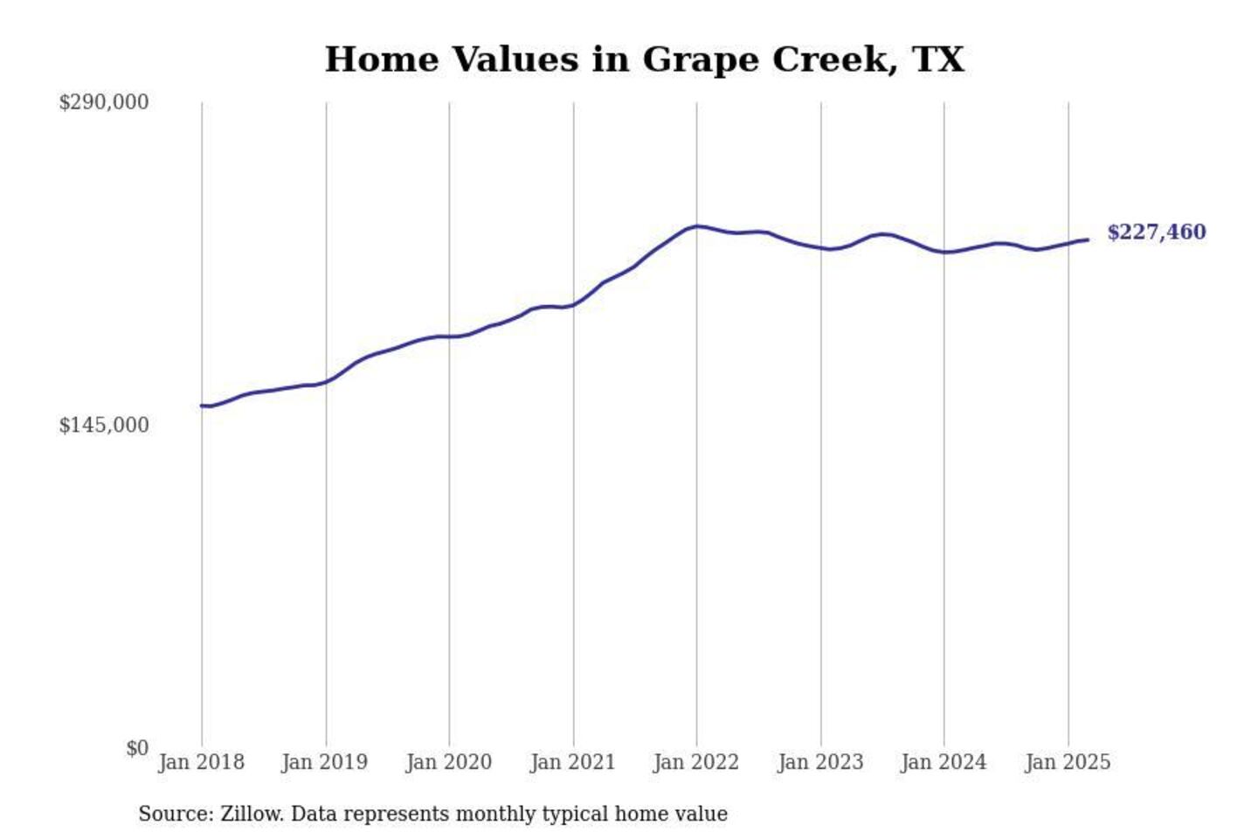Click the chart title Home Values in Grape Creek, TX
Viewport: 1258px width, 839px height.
click(645, 59)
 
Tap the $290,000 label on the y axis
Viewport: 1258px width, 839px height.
click(104, 102)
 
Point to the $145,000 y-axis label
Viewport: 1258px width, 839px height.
click(104, 425)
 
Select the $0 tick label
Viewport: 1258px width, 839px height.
click(137, 748)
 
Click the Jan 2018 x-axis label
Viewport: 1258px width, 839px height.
click(202, 762)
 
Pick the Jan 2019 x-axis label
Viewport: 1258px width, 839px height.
click(325, 762)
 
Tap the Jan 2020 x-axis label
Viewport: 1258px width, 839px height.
click(449, 762)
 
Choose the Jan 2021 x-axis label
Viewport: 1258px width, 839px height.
click(573, 762)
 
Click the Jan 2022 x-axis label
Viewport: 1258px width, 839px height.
click(696, 762)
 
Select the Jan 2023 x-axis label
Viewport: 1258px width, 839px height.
click(820, 762)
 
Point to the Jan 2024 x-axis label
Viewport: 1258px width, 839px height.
click(943, 762)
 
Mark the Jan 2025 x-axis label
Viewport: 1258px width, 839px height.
click(1068, 762)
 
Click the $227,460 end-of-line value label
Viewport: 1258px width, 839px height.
click(1157, 232)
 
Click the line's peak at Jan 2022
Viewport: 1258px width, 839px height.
click(696, 226)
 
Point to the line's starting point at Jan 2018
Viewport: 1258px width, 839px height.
click(202, 406)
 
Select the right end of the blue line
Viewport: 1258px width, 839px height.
click(1088, 239)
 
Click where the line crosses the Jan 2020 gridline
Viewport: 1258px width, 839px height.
click(449, 336)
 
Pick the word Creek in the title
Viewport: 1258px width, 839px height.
click(833, 59)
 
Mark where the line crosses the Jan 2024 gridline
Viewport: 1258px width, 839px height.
click(943, 252)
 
